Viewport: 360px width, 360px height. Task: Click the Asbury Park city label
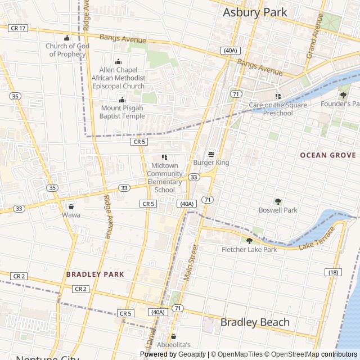pos(255,12)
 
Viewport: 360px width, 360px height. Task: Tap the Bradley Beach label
pos(255,322)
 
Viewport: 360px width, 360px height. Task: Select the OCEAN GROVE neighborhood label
pos(328,155)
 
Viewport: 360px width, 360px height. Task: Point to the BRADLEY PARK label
pos(94,274)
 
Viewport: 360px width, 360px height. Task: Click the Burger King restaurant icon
pos(211,154)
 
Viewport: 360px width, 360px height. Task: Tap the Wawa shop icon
pos(71,206)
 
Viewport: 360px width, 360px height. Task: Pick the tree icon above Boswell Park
pos(278,201)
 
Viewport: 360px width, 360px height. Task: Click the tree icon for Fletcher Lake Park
pos(249,241)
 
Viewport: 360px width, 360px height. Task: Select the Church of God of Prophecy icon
pos(67,38)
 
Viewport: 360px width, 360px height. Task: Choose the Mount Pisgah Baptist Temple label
pos(122,112)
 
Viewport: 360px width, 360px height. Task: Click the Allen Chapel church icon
pos(118,61)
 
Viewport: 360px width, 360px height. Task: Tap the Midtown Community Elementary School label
pos(164,178)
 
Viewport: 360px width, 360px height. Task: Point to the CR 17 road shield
pos(18,28)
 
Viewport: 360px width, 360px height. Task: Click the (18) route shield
pos(334,272)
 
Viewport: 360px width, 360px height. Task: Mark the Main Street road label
pos(192,262)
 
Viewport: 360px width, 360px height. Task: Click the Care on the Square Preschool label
pos(278,109)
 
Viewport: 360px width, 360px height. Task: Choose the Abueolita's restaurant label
pos(174,345)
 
